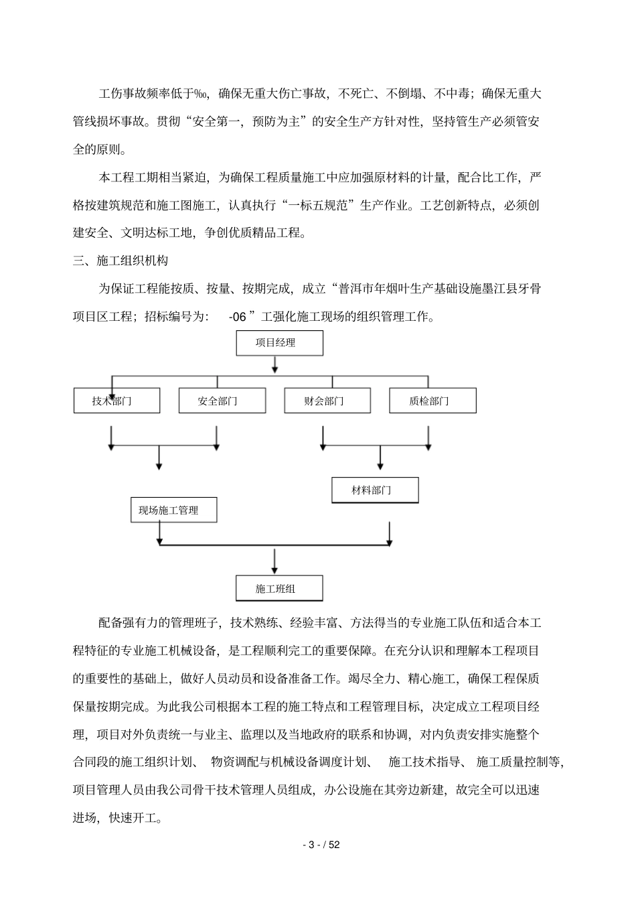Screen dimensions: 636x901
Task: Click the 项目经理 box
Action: click(x=279, y=343)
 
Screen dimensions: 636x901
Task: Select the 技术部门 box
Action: click(x=116, y=401)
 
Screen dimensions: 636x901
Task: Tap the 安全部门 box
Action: click(x=222, y=401)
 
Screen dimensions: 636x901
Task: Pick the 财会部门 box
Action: click(x=327, y=401)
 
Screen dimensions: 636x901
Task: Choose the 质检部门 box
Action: click(x=432, y=401)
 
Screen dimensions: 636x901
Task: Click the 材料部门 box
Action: click(x=375, y=490)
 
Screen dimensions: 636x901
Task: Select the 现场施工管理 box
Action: click(x=173, y=510)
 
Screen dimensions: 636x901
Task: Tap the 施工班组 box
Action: click(x=279, y=588)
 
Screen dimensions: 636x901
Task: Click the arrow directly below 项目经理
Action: click(x=274, y=365)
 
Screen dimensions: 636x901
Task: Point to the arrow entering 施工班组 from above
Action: click(x=274, y=561)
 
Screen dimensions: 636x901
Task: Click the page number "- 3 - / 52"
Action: click(x=321, y=845)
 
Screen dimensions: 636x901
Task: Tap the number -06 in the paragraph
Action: click(x=238, y=317)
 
